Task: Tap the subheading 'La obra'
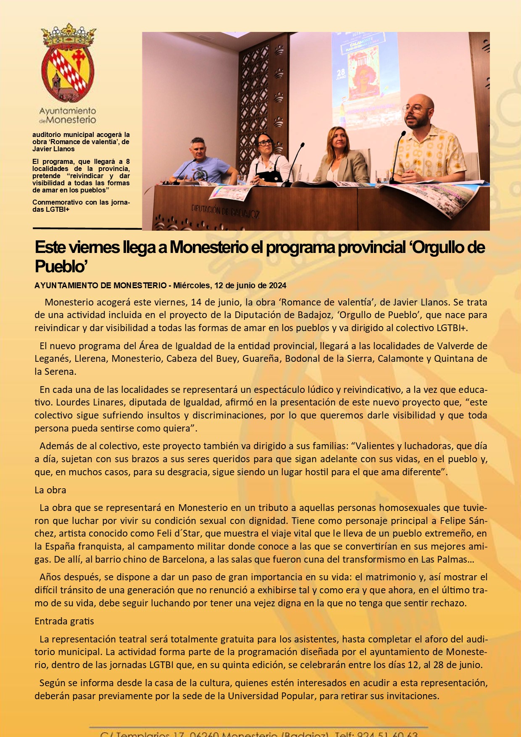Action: (50, 490)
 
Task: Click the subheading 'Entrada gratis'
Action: (64, 621)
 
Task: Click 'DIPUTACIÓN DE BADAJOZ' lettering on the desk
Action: (225, 211)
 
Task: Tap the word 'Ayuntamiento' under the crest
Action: (68, 111)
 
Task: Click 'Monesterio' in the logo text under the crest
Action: (71, 120)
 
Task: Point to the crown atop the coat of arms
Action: (68, 35)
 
